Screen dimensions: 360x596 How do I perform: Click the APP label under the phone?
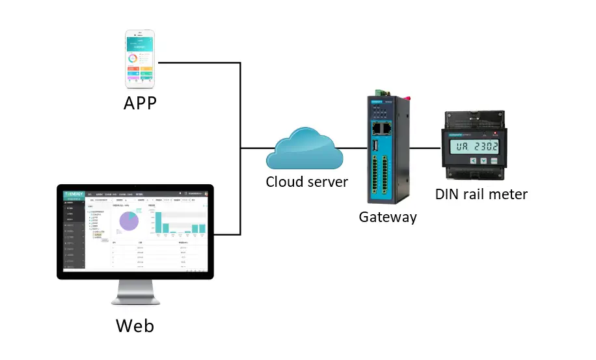pos(140,103)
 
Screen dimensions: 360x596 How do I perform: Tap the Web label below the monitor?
pos(135,325)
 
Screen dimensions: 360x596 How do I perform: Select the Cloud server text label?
pos(306,182)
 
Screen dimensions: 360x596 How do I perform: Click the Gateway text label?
pos(388,217)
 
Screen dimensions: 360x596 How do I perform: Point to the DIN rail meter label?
pos(481,194)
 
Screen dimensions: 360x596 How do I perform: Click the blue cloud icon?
pos(304,149)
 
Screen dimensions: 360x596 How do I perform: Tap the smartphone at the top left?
pos(140,59)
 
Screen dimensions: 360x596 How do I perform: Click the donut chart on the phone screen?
pos(133,59)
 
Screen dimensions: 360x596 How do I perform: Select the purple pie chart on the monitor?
pos(129,221)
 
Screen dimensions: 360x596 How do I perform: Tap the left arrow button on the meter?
pos(473,161)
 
